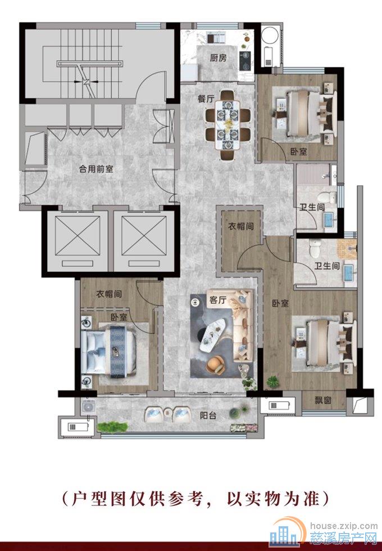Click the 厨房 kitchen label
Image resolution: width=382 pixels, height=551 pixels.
tap(218, 58)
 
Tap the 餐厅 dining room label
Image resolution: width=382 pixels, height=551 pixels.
tap(206, 99)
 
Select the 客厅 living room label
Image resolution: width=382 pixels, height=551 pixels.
tap(217, 300)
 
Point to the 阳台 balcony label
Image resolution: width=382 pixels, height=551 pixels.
tap(208, 416)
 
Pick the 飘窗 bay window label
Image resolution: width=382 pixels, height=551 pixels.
tap(322, 400)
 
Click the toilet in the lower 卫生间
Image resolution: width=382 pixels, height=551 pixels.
tap(316, 248)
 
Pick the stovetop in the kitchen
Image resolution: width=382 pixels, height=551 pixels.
tap(245, 60)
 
